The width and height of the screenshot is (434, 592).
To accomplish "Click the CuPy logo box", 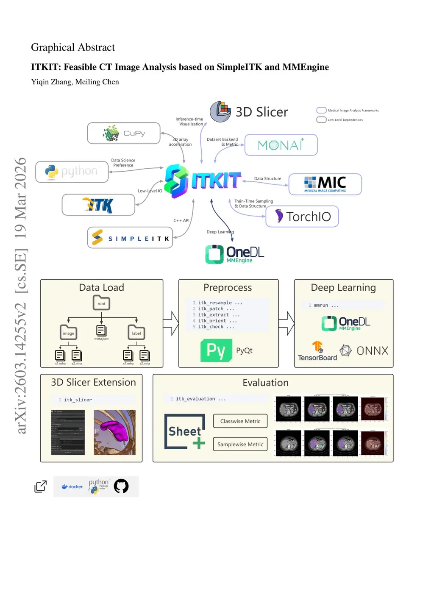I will tap(124, 133).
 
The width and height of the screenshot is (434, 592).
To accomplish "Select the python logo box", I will tap(72, 172).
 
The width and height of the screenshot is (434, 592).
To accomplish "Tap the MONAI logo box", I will tap(281, 145).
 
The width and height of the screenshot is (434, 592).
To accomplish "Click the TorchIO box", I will tap(302, 217).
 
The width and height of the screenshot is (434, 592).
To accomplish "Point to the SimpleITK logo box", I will tap(130, 238).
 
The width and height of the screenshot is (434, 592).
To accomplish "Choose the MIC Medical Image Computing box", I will tap(325, 184).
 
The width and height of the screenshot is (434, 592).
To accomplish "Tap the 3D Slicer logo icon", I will tap(221, 111).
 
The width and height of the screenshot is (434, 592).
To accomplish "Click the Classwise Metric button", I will tap(240, 421).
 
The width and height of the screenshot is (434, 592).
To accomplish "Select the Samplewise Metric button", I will tap(240, 444).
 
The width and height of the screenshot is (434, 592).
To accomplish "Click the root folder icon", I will tap(102, 303).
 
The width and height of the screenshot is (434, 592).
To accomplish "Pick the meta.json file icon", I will tap(101, 331).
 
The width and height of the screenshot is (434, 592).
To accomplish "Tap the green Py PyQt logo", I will tap(216, 350).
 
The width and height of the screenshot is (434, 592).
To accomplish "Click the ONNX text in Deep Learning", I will tap(372, 351).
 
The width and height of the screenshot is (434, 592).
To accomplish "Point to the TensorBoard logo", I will tap(317, 351).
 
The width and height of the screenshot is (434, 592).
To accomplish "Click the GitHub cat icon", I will tap(121, 486).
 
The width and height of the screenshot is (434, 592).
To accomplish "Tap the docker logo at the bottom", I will tap(72, 486).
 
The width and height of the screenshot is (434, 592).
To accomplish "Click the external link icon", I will tap(41, 486).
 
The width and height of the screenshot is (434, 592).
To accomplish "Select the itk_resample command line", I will tap(220, 303).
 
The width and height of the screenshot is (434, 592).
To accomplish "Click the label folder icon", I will tap(136, 333).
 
